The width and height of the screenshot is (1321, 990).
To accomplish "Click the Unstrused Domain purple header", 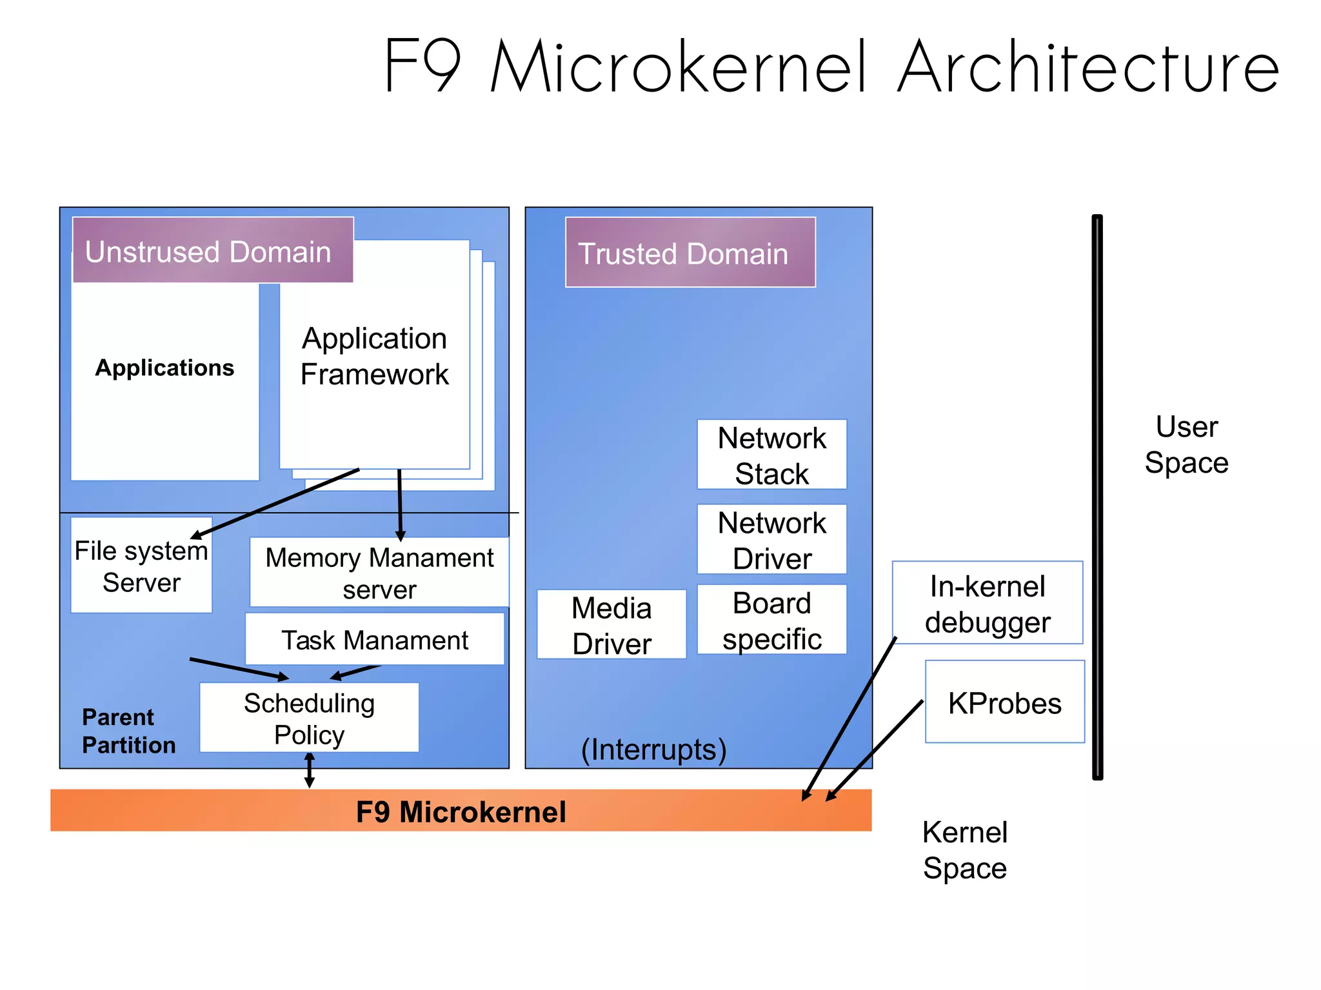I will point(213,251).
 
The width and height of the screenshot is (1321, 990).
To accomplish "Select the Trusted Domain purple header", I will point(690,253).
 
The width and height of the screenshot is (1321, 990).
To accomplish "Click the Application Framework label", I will point(374,356).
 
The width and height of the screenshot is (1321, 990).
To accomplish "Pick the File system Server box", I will point(141,566).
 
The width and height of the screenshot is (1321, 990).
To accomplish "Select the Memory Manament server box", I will point(379,573).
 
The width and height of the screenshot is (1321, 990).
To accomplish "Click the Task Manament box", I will point(374,640).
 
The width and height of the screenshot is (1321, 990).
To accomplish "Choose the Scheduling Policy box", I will point(309,718).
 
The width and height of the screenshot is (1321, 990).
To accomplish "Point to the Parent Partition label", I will point(128,731).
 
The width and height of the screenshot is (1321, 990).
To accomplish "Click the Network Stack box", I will point(771,455).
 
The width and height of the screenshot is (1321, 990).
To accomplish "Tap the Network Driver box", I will point(771,540).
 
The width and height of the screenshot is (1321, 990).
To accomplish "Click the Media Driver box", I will point(611,625).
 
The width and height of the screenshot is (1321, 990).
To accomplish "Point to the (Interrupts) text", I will point(653,749).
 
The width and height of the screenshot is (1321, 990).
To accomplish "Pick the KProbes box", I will point(1004,702).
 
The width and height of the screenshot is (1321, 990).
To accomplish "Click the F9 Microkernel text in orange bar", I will point(461,811).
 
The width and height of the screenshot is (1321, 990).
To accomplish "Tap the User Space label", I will point(1186,444).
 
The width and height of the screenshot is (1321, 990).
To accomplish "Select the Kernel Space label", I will point(964,849).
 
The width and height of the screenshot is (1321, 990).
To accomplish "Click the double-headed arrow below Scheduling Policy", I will point(310,770).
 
